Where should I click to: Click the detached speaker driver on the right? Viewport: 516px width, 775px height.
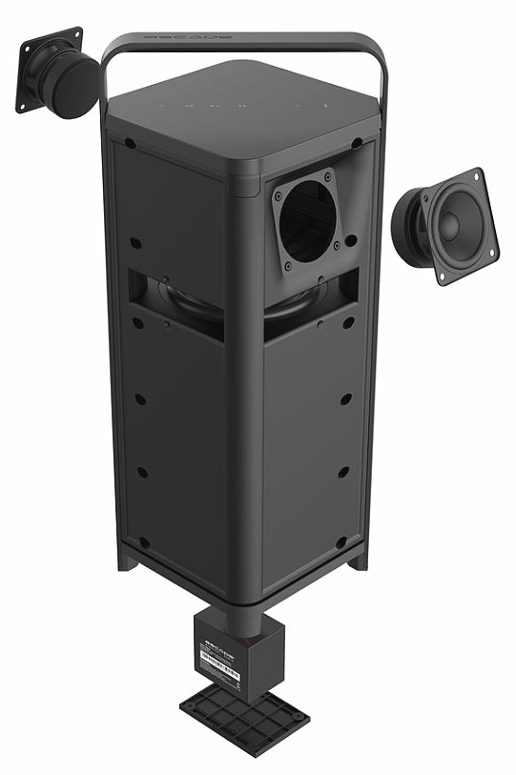pos(446,225)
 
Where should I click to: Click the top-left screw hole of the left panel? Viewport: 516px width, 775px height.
pos(129,145)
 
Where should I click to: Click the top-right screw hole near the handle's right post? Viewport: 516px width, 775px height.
pos(356,143)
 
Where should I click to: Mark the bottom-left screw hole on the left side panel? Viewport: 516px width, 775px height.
pos(143,541)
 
